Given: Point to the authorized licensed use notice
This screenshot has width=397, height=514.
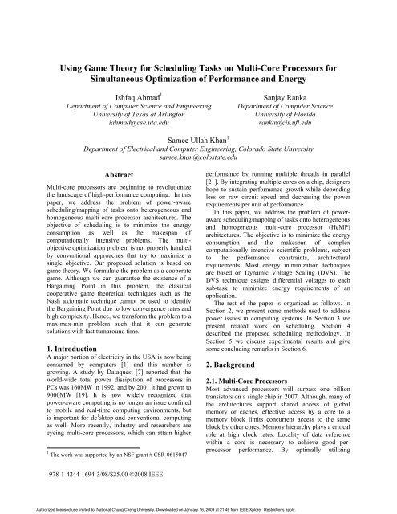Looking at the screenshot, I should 198,508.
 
